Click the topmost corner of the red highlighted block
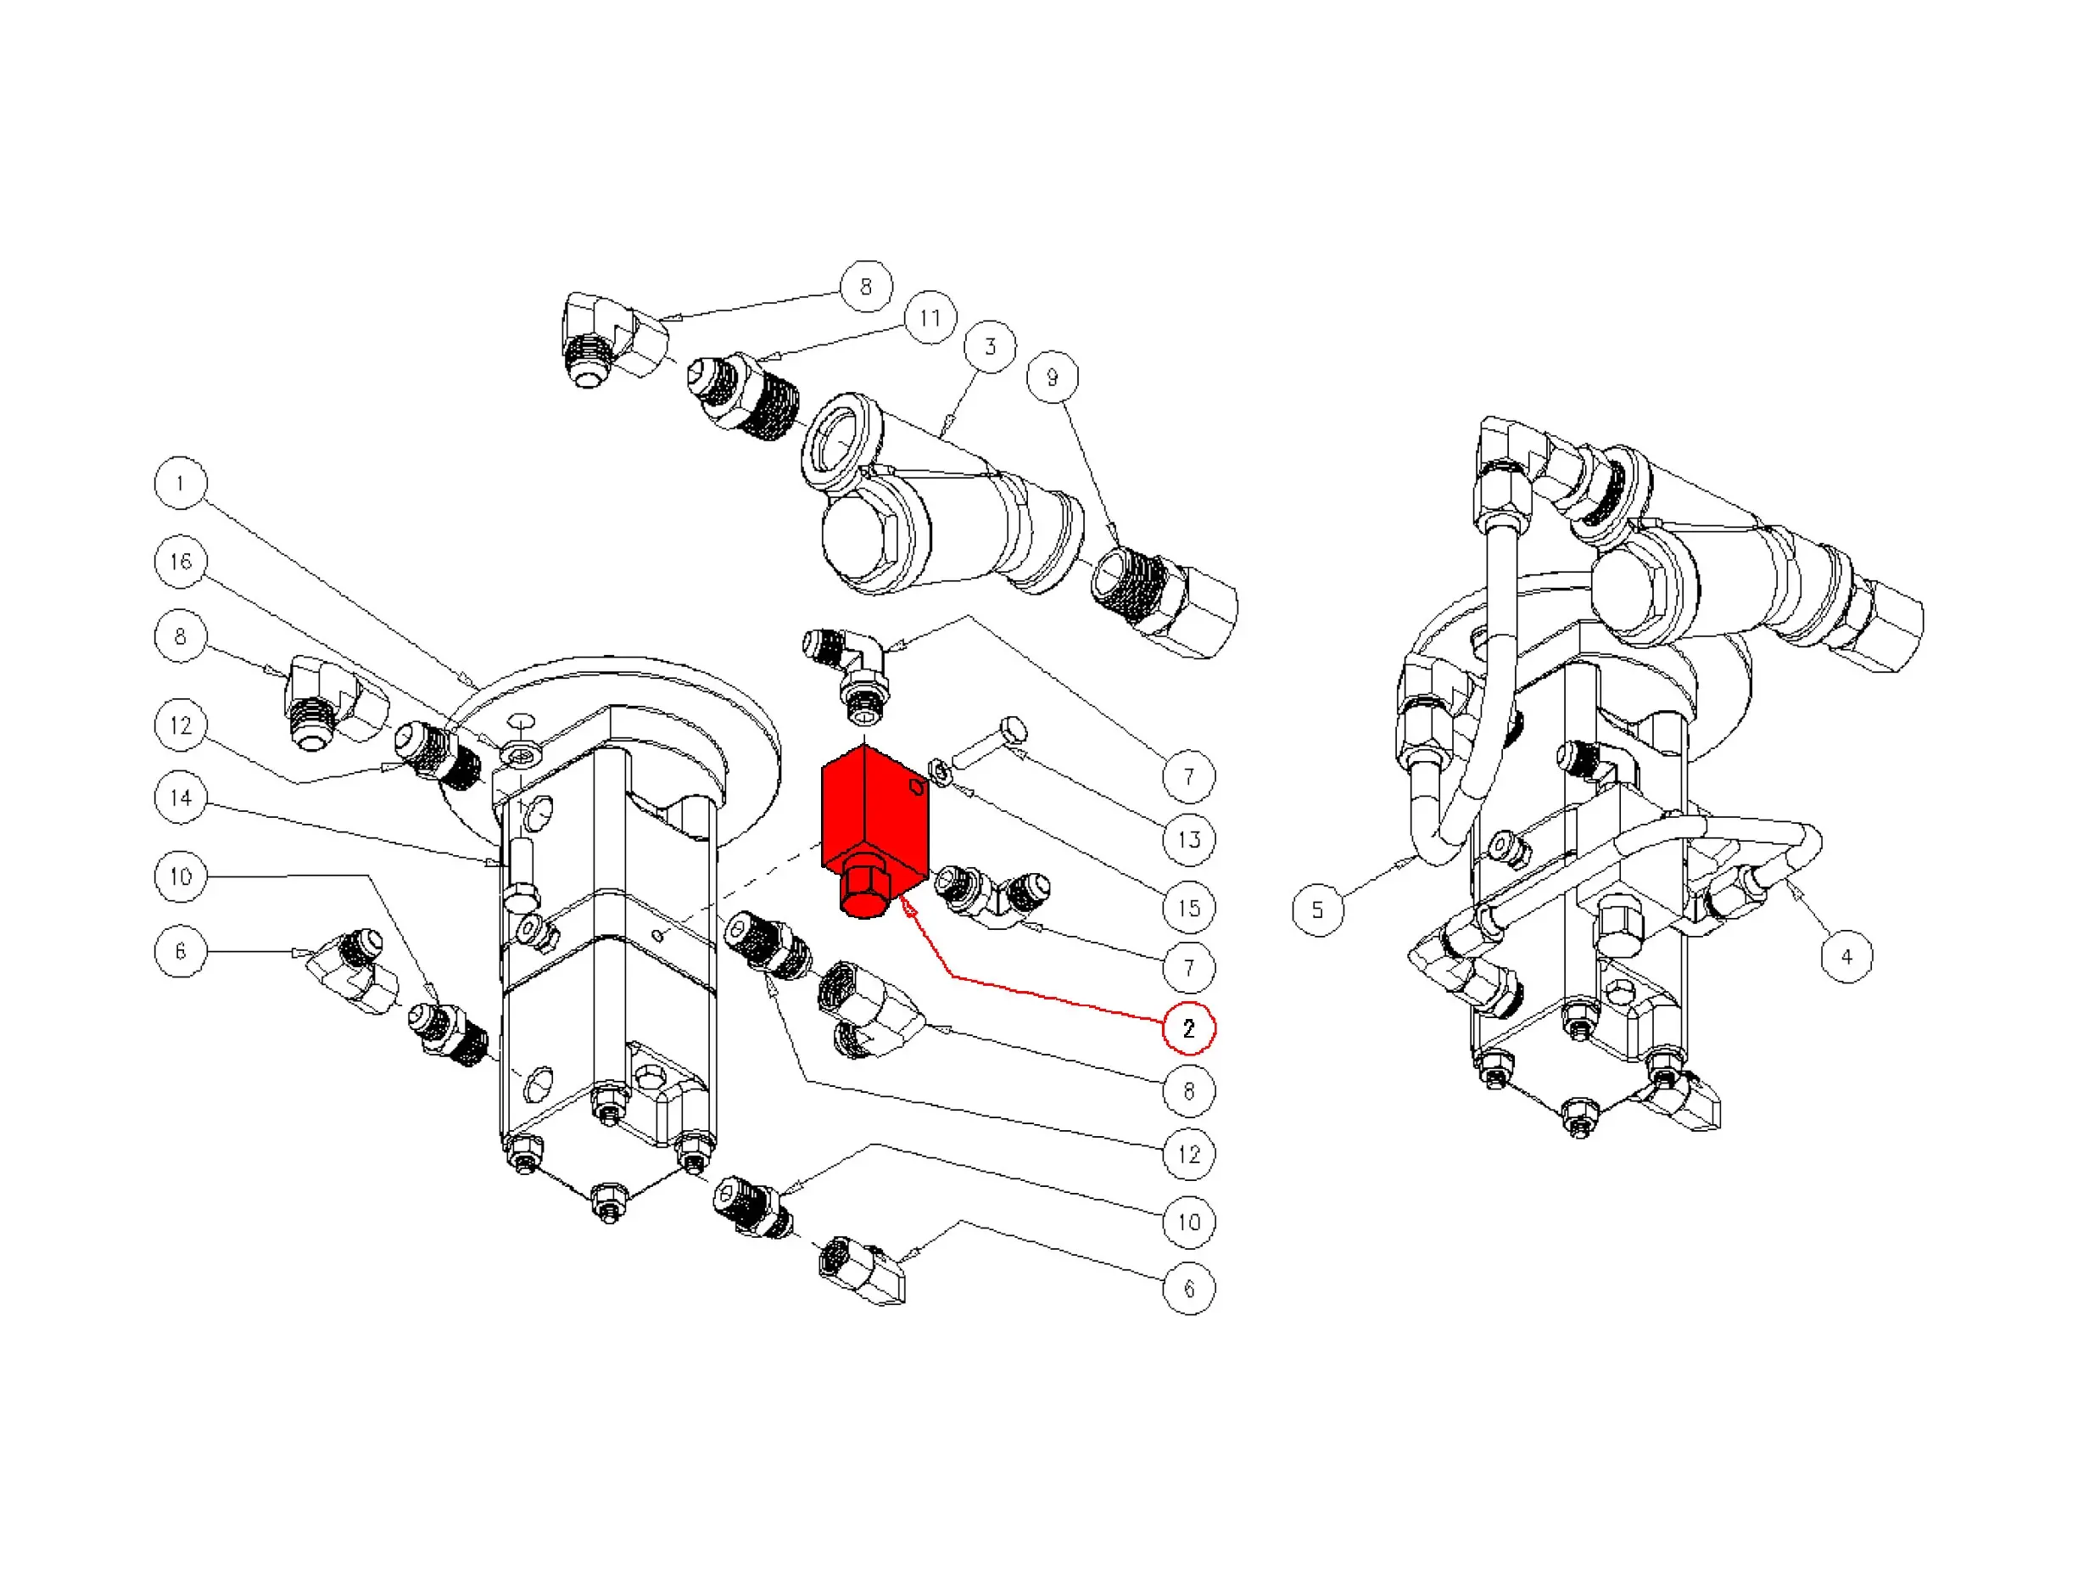(864, 743)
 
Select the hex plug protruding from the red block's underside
(863, 887)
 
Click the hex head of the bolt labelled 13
(1014, 728)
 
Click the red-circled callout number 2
(1188, 1028)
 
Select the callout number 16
(181, 562)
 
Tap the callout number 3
(990, 346)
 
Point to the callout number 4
(1847, 956)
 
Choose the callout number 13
(1188, 839)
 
